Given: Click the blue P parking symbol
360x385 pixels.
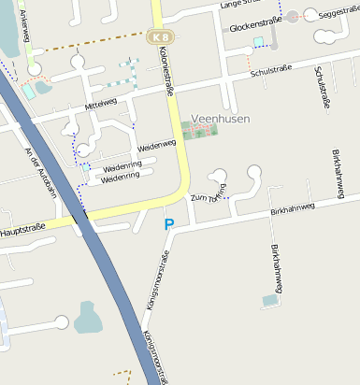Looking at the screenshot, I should click(169, 223).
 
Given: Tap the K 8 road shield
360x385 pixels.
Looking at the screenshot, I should click(158, 36).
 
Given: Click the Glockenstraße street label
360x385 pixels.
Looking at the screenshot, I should click(256, 28).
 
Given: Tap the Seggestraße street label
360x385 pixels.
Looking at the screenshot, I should click(338, 14).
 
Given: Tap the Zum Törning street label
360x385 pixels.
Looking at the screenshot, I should click(209, 194).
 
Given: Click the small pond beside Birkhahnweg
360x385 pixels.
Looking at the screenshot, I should click(270, 300).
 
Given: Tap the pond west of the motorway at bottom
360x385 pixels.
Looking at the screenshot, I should click(89, 318).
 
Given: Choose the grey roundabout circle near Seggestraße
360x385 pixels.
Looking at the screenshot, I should click(294, 16).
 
